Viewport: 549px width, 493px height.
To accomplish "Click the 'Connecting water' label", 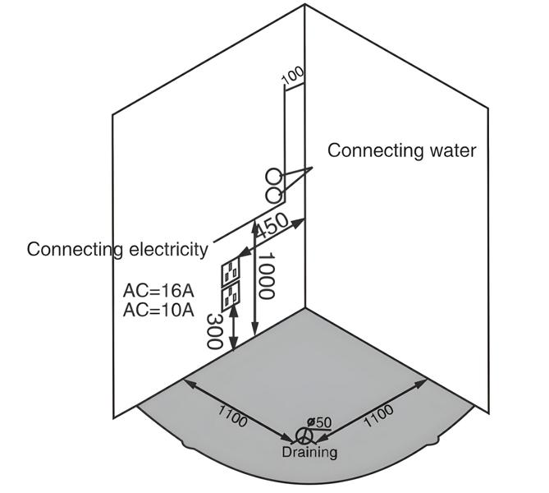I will [401, 151].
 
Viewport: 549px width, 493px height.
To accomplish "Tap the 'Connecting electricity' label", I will [117, 249].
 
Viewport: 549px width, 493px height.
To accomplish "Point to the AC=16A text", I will [158, 291].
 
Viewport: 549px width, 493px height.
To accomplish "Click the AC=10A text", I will [158, 310].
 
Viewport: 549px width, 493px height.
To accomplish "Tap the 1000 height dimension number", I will [265, 276].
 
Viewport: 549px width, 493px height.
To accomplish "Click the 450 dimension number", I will [273, 227].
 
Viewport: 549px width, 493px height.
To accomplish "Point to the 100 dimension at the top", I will [292, 76].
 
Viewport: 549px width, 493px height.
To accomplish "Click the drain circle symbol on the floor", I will [304, 436].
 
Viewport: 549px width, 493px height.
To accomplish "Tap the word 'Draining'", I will [309, 452].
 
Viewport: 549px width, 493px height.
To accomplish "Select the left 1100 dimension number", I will [232, 417].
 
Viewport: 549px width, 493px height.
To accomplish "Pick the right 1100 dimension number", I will [377, 417].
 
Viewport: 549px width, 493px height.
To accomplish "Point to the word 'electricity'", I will [170, 249].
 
